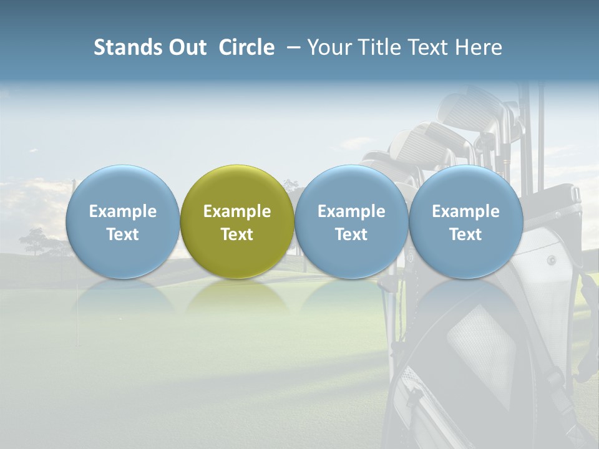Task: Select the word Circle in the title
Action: pos(246,47)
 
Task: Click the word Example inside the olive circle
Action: pos(237,211)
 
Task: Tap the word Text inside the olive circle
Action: pos(237,234)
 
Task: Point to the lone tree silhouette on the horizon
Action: pos(34,239)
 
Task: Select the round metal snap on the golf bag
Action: pos(551,259)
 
